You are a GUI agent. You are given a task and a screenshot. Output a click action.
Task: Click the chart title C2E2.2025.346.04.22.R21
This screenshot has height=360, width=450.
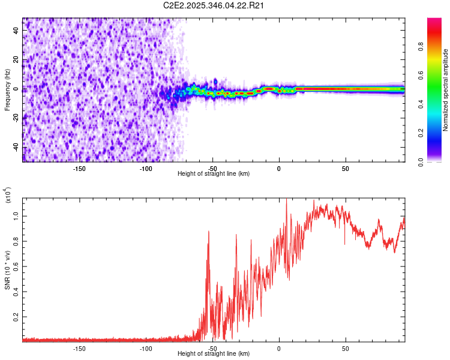[x=214, y=5]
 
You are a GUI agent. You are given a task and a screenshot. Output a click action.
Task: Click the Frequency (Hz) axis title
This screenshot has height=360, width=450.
[x=7, y=89]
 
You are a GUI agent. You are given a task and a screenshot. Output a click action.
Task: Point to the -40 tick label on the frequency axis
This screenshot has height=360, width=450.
[x=16, y=147]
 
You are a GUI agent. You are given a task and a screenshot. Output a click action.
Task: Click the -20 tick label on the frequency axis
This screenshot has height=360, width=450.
[x=16, y=118]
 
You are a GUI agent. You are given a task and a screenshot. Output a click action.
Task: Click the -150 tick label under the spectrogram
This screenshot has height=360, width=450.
[x=79, y=168]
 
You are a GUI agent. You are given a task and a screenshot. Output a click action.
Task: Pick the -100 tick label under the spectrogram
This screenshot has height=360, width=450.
[x=146, y=168]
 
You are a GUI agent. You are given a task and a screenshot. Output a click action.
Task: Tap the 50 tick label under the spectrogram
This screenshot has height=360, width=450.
[x=346, y=168]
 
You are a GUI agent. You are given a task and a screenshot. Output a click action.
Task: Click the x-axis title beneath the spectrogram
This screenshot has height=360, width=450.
[x=214, y=174]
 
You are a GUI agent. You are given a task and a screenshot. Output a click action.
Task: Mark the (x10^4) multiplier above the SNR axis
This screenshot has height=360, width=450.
[x=8, y=196]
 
